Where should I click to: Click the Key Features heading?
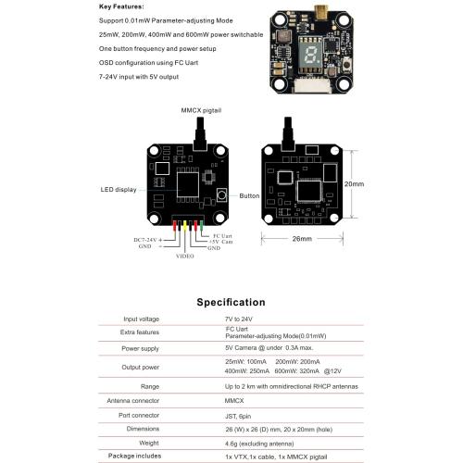click(121, 6)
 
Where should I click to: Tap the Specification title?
click(231, 302)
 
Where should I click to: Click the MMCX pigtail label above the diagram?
click(201, 110)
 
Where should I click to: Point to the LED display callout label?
click(119, 190)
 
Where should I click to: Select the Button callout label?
click(249, 195)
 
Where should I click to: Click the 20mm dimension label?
click(354, 184)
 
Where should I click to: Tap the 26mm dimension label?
click(302, 239)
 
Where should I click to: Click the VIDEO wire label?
click(185, 256)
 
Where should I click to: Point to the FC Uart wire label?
click(222, 236)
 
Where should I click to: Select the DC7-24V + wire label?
click(147, 240)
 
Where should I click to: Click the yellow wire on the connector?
click(185, 226)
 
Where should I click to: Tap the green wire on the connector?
click(202, 226)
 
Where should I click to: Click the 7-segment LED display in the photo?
click(310, 55)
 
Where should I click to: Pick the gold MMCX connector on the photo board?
click(321, 12)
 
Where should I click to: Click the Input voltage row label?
click(142, 319)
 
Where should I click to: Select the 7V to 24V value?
click(239, 319)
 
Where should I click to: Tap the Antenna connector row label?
click(133, 401)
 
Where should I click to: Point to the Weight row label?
click(149, 444)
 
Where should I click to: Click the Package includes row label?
click(134, 456)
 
